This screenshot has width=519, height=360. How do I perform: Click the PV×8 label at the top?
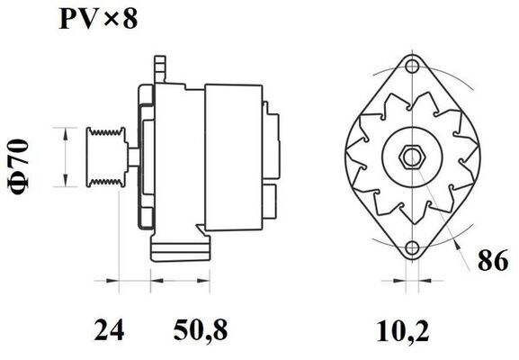(x=98, y=19)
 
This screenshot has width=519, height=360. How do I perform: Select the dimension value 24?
(x=109, y=329)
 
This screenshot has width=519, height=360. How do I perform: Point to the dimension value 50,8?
(x=201, y=330)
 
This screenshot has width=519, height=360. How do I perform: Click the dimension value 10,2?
(x=403, y=331)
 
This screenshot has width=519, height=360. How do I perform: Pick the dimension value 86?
(x=493, y=260)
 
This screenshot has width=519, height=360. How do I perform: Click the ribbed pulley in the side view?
(x=106, y=157)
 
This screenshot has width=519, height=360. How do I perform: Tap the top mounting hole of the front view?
(x=412, y=66)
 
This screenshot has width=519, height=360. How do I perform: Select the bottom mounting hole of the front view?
(x=412, y=248)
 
